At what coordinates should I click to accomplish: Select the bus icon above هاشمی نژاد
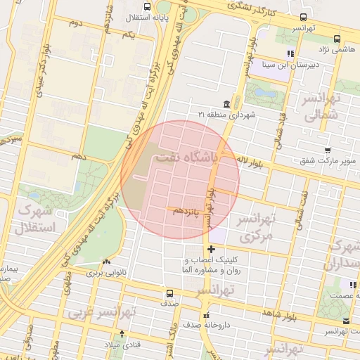pos(337,39)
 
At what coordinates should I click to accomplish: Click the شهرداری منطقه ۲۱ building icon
pos(226,103)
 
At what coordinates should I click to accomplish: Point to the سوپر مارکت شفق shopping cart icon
pos(328,150)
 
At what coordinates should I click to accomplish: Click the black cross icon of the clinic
pos(212,249)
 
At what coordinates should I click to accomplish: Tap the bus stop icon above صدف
pos(169,293)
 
